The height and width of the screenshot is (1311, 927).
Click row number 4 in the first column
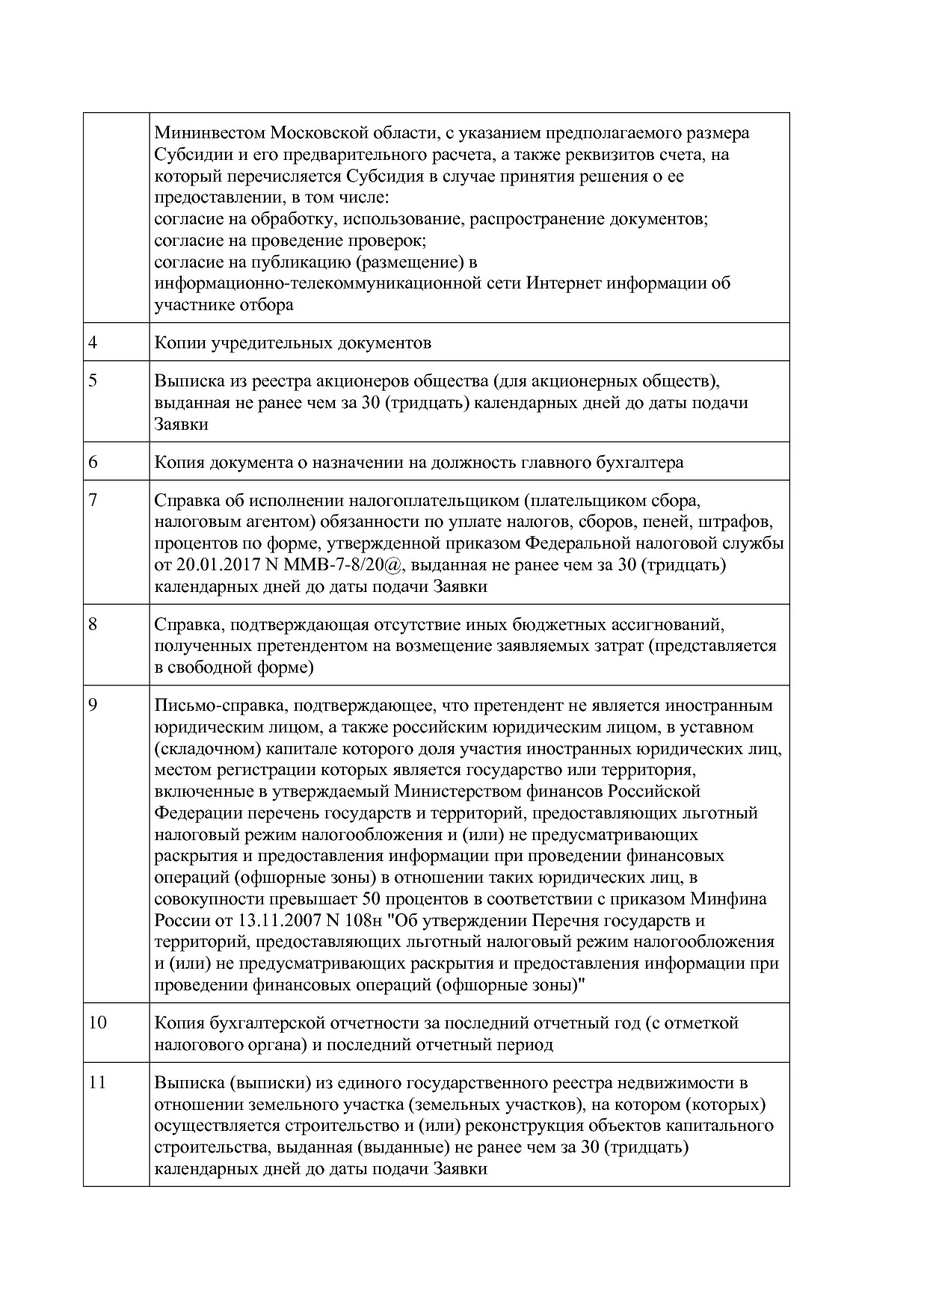[93, 343]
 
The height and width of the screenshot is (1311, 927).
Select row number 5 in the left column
[93, 380]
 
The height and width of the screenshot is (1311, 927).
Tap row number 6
[93, 462]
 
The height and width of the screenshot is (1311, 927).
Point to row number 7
[93, 499]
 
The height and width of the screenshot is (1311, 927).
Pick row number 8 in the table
[93, 623]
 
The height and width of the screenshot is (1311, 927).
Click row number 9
[93, 705]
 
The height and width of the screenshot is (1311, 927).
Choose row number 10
[97, 1022]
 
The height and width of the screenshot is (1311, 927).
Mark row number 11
[97, 1082]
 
